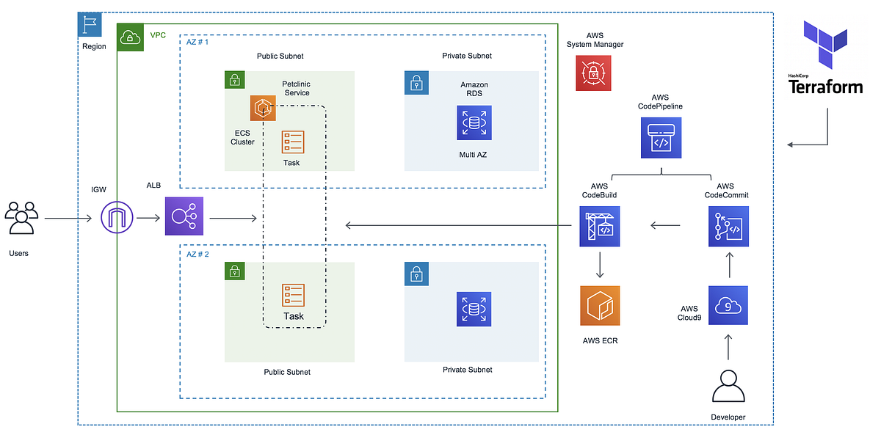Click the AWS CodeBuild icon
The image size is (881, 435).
[599, 225]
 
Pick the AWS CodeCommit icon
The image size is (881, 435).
[728, 225]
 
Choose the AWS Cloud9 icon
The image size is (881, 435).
[728, 305]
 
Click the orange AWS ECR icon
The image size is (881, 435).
[599, 305]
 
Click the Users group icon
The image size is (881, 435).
[21, 218]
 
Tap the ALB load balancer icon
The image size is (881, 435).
[184, 217]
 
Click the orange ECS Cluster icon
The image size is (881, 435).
[263, 108]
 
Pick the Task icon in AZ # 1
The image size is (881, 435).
[293, 142]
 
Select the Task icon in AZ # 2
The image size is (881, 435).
[293, 295]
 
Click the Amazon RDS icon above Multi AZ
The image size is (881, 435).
[474, 123]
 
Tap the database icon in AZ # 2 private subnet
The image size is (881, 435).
[474, 309]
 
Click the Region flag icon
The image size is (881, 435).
[90, 24]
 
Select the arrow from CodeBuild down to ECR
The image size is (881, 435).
[600, 265]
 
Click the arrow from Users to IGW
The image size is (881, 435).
[70, 219]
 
